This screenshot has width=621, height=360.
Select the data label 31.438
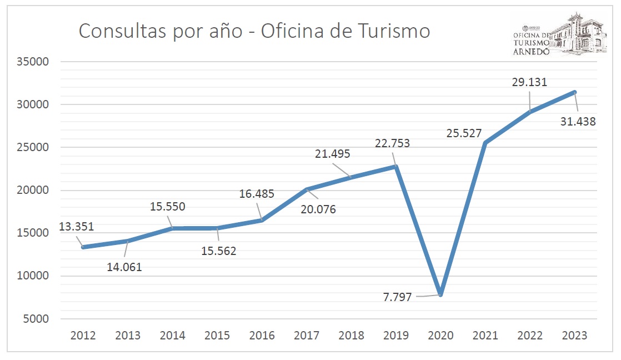[578, 121]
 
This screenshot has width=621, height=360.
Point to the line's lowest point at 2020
[440, 294]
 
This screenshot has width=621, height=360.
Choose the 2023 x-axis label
[574, 336]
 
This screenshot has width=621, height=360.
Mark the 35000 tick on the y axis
[32, 62]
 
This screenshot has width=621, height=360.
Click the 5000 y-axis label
[35, 319]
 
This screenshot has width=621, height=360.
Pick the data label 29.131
[529, 82]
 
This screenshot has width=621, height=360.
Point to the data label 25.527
[463, 133]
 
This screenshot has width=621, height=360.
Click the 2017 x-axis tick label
[306, 336]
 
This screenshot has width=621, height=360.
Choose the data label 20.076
[318, 209]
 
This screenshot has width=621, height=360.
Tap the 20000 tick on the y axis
[32, 190]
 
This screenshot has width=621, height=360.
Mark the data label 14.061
[124, 267]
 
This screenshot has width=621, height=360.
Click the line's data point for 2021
[485, 143]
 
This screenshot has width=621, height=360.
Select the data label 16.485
[256, 194]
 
